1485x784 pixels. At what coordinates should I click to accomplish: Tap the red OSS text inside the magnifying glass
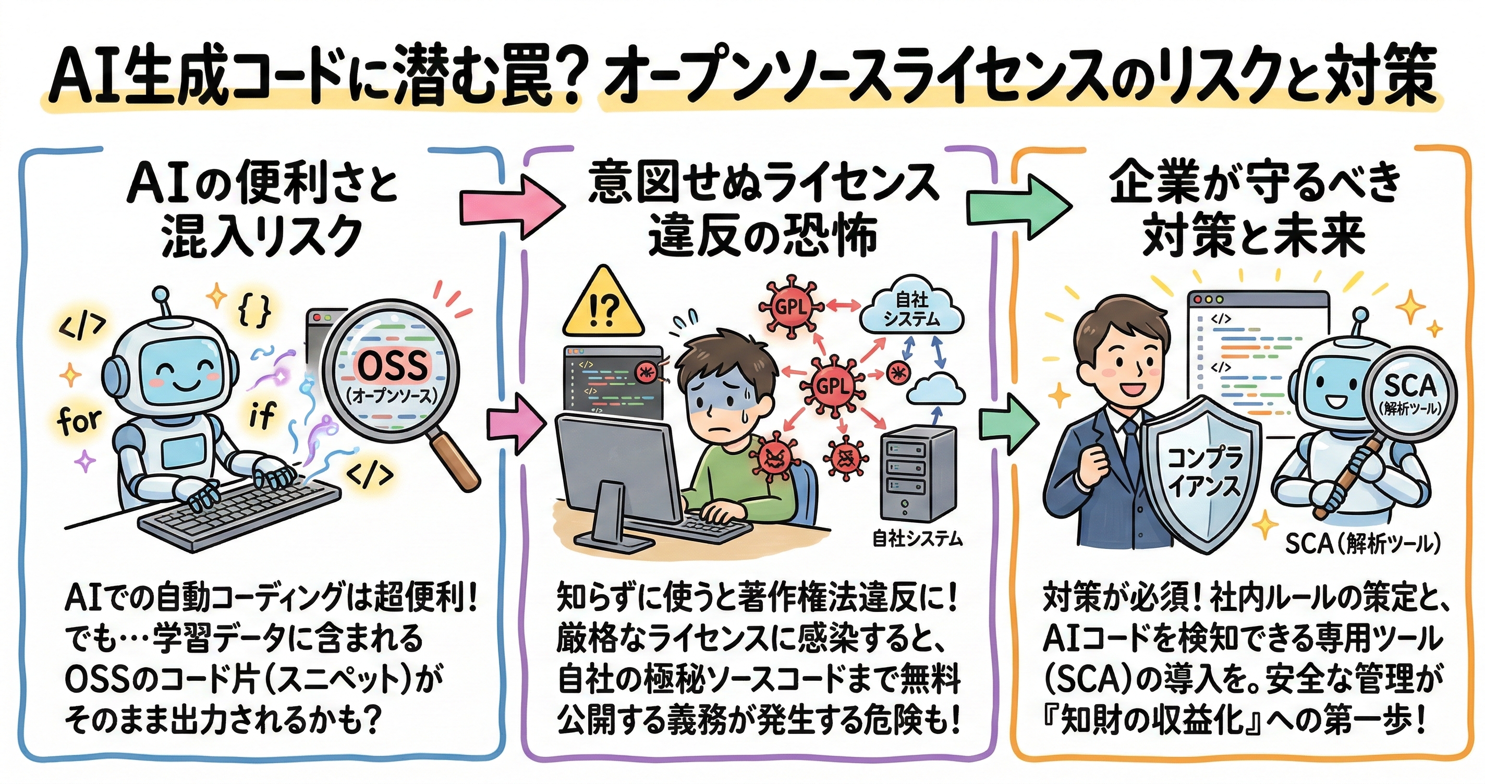pos(394,364)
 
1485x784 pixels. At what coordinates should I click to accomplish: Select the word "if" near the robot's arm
pos(262,414)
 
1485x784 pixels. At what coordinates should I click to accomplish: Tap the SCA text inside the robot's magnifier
pos(1410,385)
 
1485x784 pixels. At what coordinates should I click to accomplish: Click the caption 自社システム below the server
pos(917,538)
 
